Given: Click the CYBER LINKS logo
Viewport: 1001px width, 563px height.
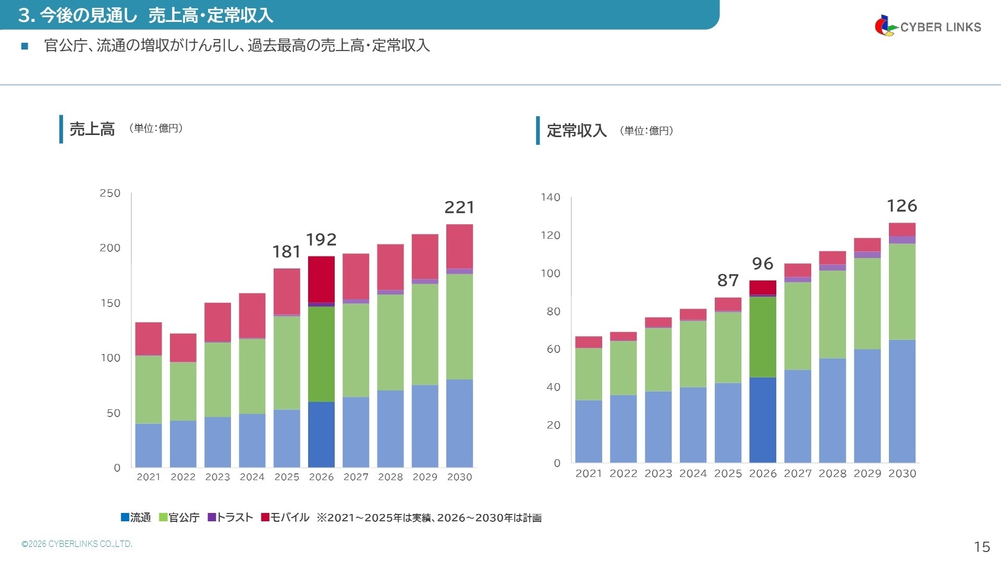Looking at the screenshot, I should (928, 26).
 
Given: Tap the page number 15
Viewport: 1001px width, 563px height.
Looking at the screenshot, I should (982, 546).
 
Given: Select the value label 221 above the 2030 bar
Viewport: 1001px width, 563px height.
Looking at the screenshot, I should (459, 207).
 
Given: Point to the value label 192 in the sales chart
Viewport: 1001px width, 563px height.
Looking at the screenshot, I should (321, 240).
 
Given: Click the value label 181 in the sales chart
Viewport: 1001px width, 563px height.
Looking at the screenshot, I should (286, 252).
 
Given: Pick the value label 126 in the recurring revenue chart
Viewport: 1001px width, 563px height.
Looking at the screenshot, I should (902, 206).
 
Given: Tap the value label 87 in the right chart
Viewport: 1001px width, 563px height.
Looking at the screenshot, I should (728, 280).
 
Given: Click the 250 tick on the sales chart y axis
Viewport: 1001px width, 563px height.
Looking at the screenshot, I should (110, 193).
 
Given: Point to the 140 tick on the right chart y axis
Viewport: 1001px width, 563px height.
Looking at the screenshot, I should (550, 198).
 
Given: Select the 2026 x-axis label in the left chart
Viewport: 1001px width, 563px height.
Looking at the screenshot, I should (321, 477).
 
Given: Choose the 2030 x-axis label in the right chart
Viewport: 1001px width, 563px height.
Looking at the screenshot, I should (902, 473).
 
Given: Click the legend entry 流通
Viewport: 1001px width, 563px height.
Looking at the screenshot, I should (136, 518).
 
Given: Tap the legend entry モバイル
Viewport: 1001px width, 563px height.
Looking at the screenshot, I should (285, 518).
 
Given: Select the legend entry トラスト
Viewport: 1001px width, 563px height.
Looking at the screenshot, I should (230, 518).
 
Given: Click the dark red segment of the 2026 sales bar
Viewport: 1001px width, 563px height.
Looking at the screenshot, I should (321, 279).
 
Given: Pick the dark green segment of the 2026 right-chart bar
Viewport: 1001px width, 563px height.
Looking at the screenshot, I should (763, 337).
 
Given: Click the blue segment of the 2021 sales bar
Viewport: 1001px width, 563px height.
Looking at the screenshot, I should (149, 445).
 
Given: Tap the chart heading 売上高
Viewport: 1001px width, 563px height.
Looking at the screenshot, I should (92, 129).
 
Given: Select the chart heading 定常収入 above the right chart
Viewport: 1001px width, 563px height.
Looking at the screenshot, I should (577, 131).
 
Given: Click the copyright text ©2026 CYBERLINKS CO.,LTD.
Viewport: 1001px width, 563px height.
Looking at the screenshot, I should (77, 544).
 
